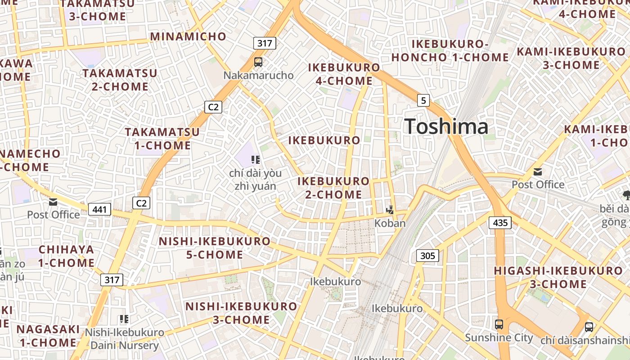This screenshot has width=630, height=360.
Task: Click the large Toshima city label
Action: [x=446, y=126]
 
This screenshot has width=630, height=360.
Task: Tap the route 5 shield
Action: [x=423, y=100]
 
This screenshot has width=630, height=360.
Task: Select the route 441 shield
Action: [x=99, y=209]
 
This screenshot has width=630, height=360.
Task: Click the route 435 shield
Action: [x=500, y=222]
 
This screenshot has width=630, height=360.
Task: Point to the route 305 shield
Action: [x=427, y=256]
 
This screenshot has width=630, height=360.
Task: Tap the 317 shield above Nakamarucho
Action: [x=264, y=43]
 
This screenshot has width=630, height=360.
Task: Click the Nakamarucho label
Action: [x=258, y=75]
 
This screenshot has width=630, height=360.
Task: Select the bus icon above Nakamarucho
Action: [x=258, y=62]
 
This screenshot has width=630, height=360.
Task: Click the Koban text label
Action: [x=390, y=223]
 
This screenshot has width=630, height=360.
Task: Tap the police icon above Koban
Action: [x=390, y=210]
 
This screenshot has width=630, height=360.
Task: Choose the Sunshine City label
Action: [x=499, y=337]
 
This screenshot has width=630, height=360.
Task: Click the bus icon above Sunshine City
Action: [x=499, y=324]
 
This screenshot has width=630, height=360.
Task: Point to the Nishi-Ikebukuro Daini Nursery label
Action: [x=125, y=339]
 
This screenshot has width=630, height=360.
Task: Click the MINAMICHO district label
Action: [x=188, y=36]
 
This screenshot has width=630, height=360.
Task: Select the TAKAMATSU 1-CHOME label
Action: [x=162, y=139]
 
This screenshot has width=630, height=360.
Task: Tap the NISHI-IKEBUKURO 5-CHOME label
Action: [x=215, y=248]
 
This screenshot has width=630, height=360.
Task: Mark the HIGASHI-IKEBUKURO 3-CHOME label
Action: [x=558, y=277]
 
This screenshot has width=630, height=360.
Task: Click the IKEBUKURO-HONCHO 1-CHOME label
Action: [x=450, y=50]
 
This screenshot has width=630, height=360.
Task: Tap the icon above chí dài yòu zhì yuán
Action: [x=256, y=159]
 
